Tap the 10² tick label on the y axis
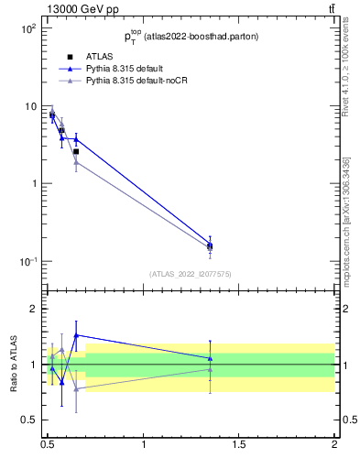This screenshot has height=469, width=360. coord(27,29)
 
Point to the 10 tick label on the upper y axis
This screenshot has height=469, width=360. coord(29,106)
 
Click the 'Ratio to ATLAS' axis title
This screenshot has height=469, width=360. coord(14,365)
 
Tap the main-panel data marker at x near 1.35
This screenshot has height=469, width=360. coord(210,245)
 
